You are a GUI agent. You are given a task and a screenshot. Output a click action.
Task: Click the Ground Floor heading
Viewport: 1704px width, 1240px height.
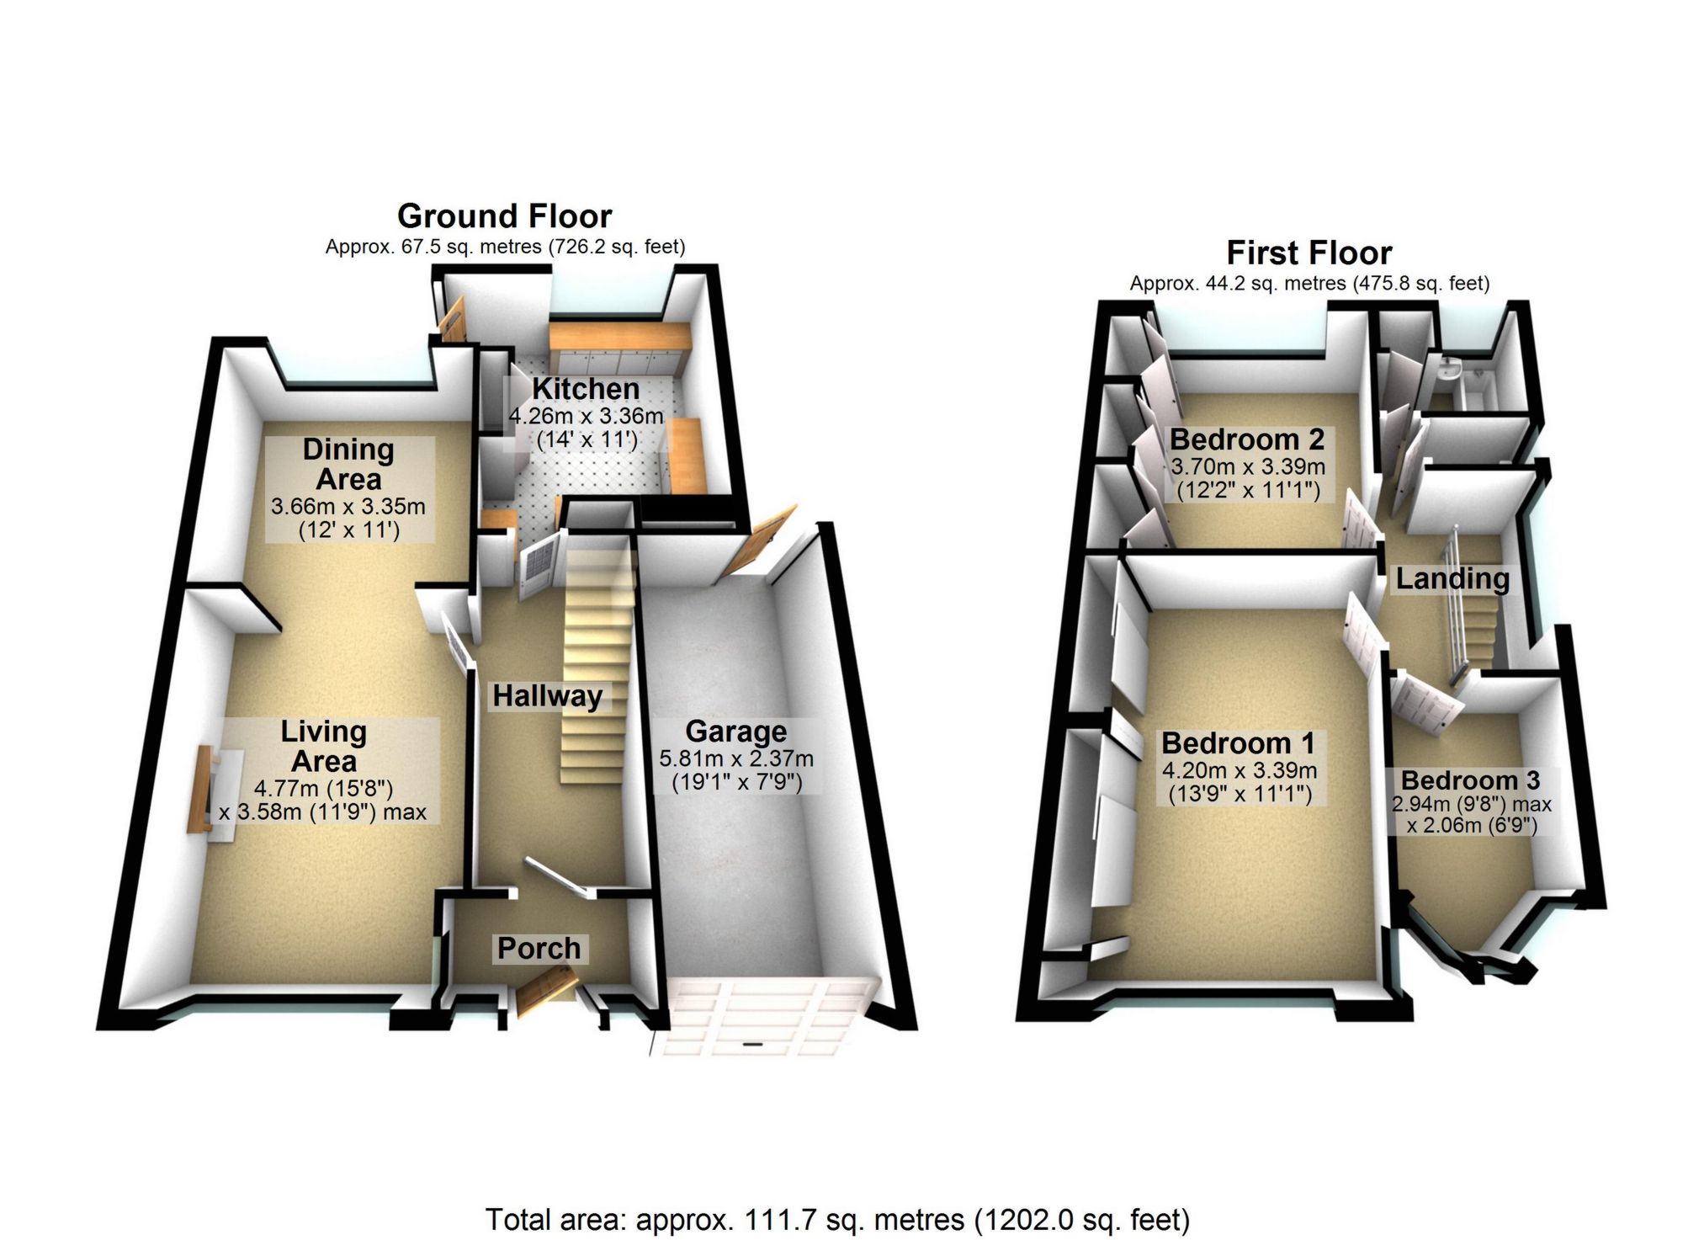click(504, 216)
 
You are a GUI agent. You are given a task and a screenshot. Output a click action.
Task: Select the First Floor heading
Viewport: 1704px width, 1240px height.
click(1309, 253)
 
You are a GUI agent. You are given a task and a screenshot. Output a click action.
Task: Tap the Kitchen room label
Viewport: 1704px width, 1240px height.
click(586, 389)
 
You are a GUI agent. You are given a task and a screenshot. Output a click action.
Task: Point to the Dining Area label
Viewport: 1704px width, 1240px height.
click(348, 464)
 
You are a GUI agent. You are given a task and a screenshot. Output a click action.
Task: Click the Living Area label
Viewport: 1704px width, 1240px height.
click(324, 746)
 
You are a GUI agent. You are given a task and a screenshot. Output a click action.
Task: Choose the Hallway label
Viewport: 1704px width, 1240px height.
click(547, 696)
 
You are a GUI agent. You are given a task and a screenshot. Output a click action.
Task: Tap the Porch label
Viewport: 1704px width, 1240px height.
click(539, 949)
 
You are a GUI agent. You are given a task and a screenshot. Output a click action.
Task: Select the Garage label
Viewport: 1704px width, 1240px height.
click(736, 731)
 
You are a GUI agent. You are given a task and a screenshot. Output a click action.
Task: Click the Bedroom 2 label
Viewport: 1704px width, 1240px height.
click(1247, 439)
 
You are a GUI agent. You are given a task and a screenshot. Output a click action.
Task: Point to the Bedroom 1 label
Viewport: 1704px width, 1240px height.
click(1238, 743)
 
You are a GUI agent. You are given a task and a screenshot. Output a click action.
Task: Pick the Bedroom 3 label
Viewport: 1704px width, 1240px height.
click(1470, 780)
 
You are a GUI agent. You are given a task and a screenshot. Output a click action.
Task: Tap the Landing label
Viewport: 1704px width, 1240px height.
click(1452, 579)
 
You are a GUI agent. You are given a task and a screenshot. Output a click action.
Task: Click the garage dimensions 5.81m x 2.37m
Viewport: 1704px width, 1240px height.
click(736, 759)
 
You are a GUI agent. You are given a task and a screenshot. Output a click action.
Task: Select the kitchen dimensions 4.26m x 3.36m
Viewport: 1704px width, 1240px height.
click(586, 416)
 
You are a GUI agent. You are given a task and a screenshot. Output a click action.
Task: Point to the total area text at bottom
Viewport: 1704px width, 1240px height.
click(837, 1220)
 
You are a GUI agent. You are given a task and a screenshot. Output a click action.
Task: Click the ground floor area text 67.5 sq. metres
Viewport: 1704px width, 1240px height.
click(505, 247)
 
